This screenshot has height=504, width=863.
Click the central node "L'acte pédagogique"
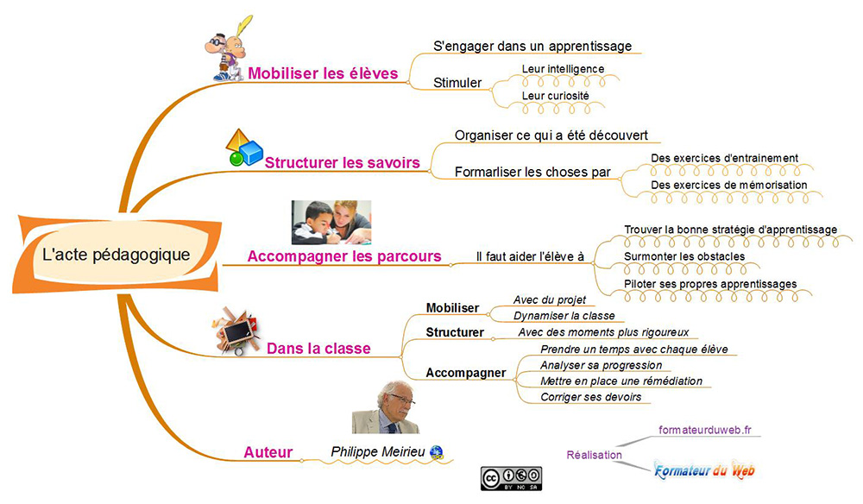click(x=117, y=255)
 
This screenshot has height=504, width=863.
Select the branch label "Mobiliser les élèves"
click(x=323, y=73)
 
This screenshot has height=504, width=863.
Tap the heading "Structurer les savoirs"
click(x=342, y=163)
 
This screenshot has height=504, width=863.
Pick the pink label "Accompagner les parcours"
click(x=344, y=256)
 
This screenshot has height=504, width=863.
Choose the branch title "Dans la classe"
click(x=318, y=349)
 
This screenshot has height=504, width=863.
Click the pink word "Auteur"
click(x=268, y=452)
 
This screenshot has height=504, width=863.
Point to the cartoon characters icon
click(x=229, y=49)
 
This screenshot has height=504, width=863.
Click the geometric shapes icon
click(x=244, y=148)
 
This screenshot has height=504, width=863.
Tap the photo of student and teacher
click(x=331, y=223)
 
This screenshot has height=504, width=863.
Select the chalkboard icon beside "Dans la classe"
click(x=237, y=331)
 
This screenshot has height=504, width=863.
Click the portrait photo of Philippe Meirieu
click(x=385, y=407)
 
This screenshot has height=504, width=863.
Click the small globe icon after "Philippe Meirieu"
click(x=437, y=452)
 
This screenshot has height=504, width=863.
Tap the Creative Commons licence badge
click(x=511, y=478)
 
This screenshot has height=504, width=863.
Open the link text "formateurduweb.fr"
click(x=704, y=430)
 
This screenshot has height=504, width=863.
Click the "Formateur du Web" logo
click(x=704, y=470)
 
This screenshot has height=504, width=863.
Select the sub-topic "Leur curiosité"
click(x=555, y=96)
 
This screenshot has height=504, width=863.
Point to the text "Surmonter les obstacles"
click(x=684, y=256)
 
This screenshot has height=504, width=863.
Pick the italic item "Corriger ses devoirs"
click(x=590, y=397)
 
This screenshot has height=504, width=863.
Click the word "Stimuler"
click(x=457, y=83)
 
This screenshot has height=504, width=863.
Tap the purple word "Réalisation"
click(x=595, y=455)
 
